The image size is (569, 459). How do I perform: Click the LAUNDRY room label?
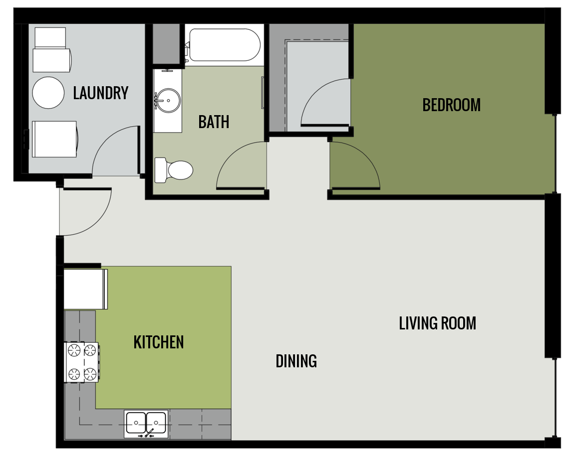pos(100,93)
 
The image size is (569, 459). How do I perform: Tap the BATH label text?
pos(214,122)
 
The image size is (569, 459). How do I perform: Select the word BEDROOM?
pos(451,105)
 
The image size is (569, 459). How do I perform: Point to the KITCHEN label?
pos(159,342)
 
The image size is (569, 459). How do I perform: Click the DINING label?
pos(296,361)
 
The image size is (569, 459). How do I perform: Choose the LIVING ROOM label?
pos(437,323)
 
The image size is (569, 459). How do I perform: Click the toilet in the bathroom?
pos(175,170)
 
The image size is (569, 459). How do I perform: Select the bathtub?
pos(223,45)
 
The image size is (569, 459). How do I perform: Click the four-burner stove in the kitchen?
pos(81,362)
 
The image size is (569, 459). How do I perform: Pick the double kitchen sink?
pos(146,423)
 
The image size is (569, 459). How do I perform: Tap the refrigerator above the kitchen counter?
pos(85,289)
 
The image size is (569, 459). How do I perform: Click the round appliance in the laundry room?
pos(48,93)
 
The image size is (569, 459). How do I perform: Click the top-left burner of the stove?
pos(74,351)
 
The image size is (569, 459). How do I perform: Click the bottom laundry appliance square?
pos(54,139)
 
